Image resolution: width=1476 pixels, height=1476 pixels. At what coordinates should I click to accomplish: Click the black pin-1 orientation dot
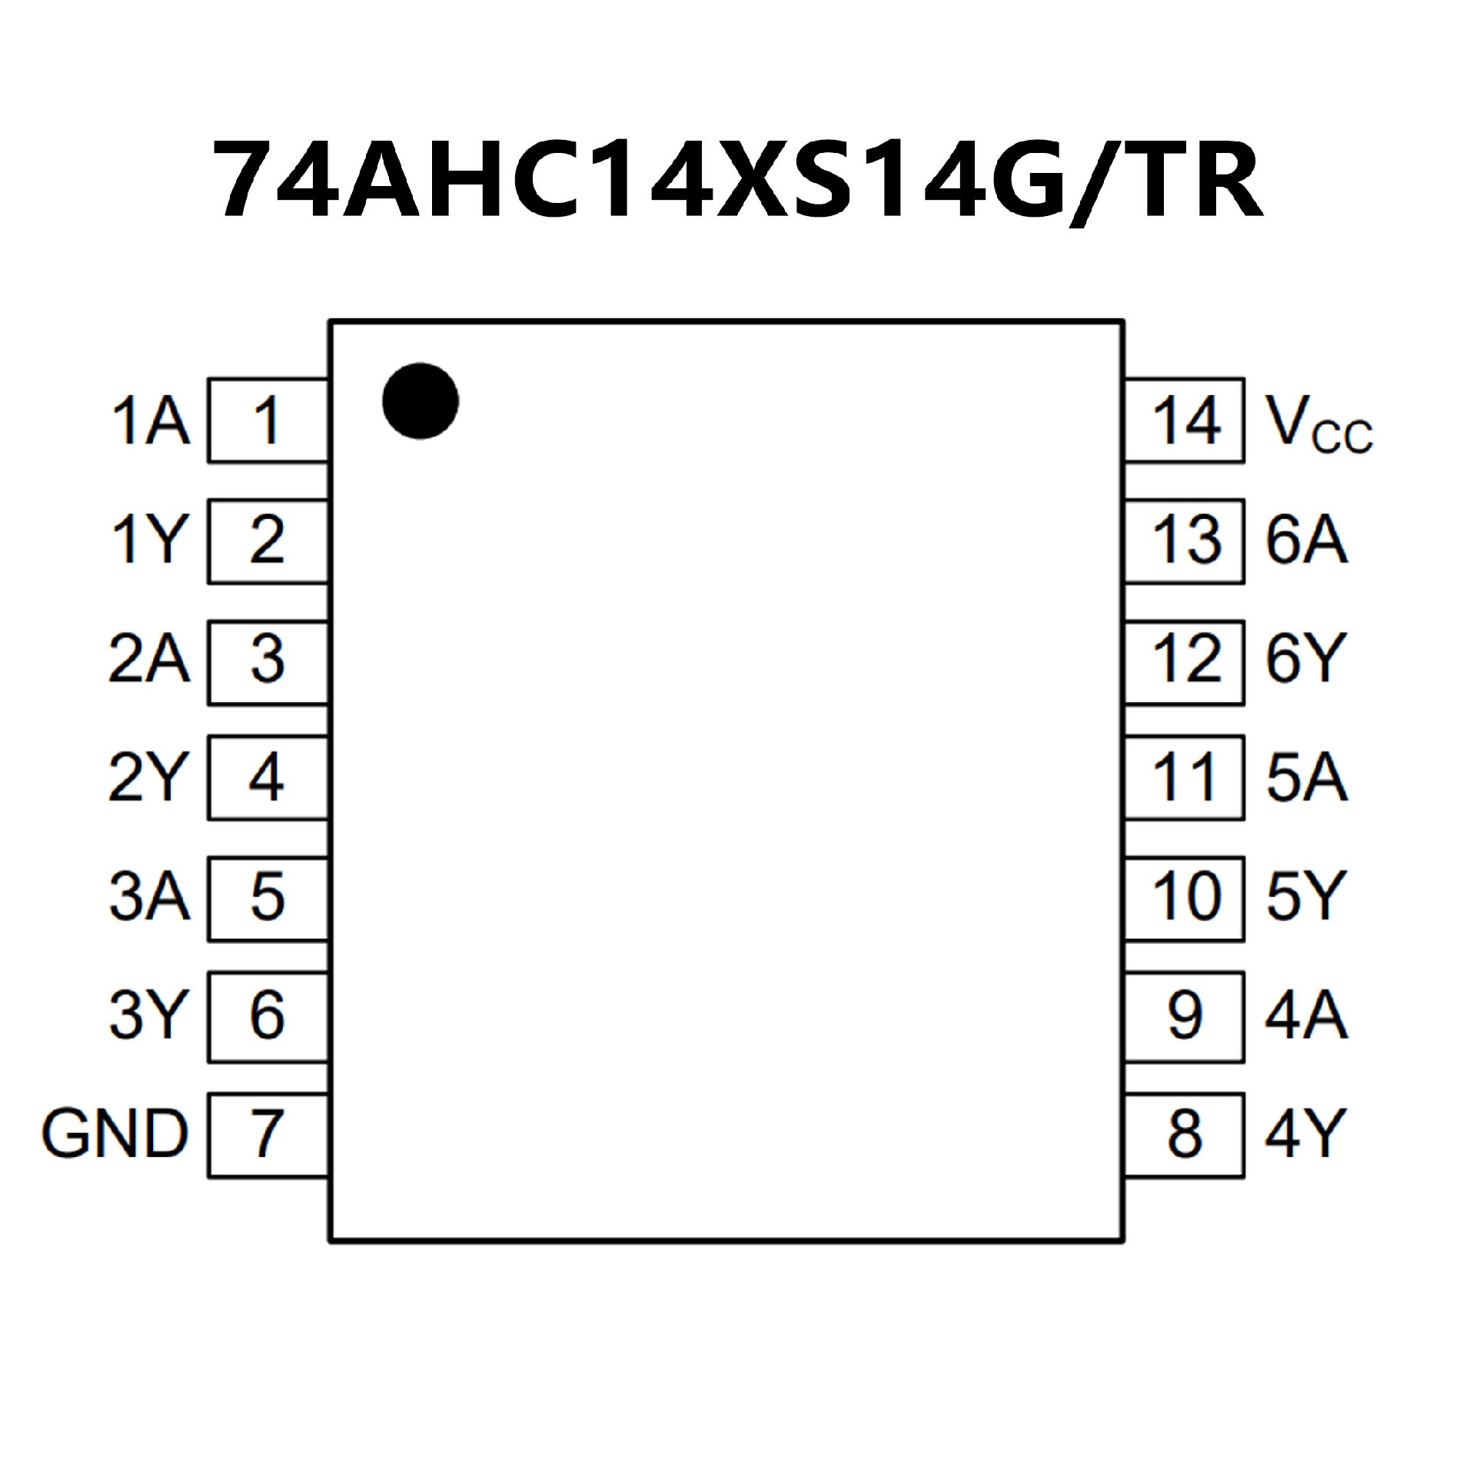(421, 401)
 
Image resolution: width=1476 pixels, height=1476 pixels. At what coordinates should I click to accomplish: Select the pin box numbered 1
(268, 421)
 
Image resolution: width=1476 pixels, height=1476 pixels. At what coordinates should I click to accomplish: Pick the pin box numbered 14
(1185, 421)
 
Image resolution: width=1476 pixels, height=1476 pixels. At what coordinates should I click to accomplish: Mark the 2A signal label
(149, 659)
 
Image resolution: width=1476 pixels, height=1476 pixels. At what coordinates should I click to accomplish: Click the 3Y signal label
(149, 1015)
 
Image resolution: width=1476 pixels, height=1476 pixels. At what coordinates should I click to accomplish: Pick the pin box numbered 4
(268, 777)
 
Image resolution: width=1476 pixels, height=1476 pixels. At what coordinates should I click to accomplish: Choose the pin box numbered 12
(1185, 659)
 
